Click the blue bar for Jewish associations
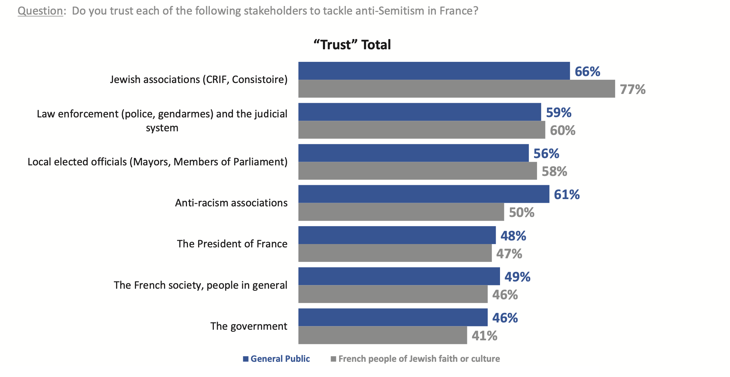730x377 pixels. [x=434, y=71]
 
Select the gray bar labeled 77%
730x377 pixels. [x=457, y=89]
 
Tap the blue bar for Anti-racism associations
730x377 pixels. [x=424, y=194]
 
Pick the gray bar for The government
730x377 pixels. [x=383, y=335]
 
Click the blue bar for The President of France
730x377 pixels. [x=397, y=235]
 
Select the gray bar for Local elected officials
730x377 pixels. [x=417, y=171]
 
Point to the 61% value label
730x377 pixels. [x=567, y=194]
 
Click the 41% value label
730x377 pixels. [x=484, y=336]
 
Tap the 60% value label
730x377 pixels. [x=563, y=130]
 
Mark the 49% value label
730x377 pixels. [x=517, y=277]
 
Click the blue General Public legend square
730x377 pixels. [x=246, y=359]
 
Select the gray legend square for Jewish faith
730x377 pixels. [x=333, y=359]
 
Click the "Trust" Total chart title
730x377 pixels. [x=352, y=45]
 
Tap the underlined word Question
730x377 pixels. [x=40, y=11]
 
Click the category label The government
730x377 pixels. [x=249, y=326]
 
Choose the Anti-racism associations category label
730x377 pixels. [x=231, y=203]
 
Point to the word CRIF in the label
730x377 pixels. [x=217, y=80]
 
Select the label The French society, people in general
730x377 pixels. [x=200, y=285]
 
